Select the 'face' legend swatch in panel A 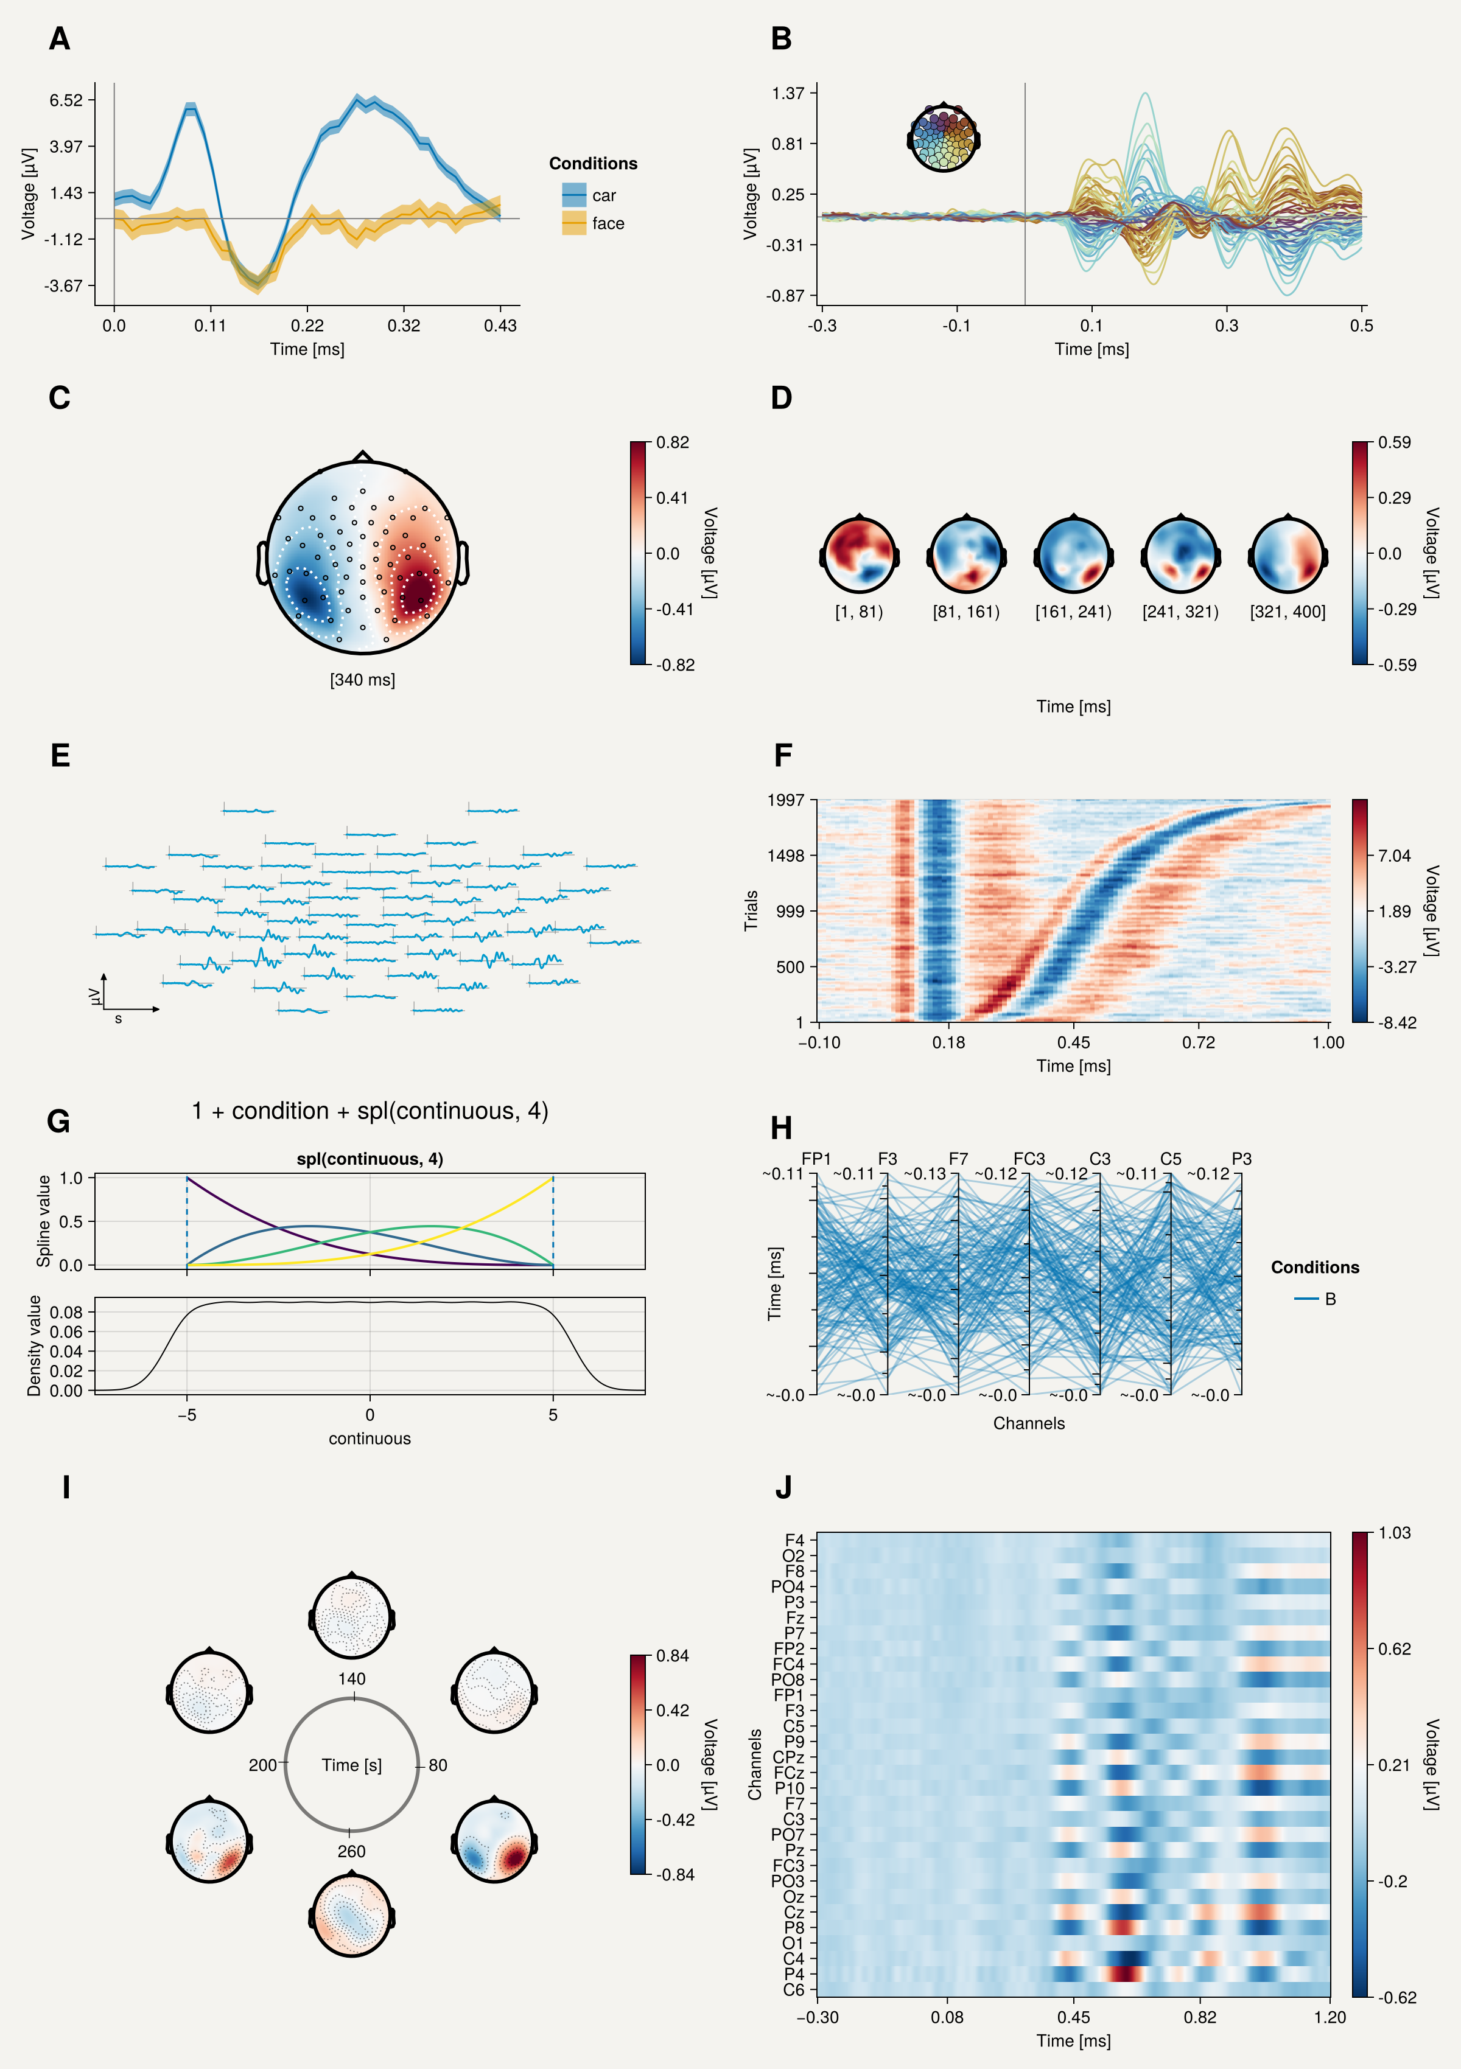coord(574,223)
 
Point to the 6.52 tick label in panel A coord(66,100)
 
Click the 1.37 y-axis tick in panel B coord(788,93)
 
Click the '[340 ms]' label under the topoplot coord(362,680)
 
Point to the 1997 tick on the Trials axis coord(786,800)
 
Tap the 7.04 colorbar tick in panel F coord(1394,855)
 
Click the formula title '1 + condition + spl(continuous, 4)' coord(370,1111)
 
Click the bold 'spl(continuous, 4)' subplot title coord(370,1159)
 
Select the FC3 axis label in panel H coord(1029,1159)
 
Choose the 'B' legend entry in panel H coord(1330,1299)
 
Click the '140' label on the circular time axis coord(351,1679)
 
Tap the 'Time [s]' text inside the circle coord(351,1765)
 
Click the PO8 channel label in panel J coord(788,1680)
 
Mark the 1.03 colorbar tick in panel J coord(1394,1533)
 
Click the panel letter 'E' coord(60,755)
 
